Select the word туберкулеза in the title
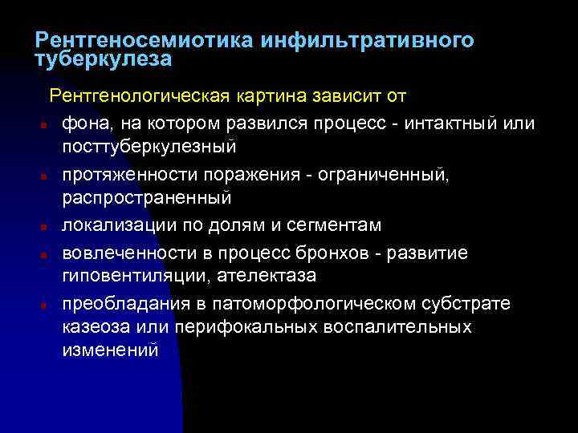click(104, 59)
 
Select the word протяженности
click(130, 174)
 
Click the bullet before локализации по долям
click(39, 227)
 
